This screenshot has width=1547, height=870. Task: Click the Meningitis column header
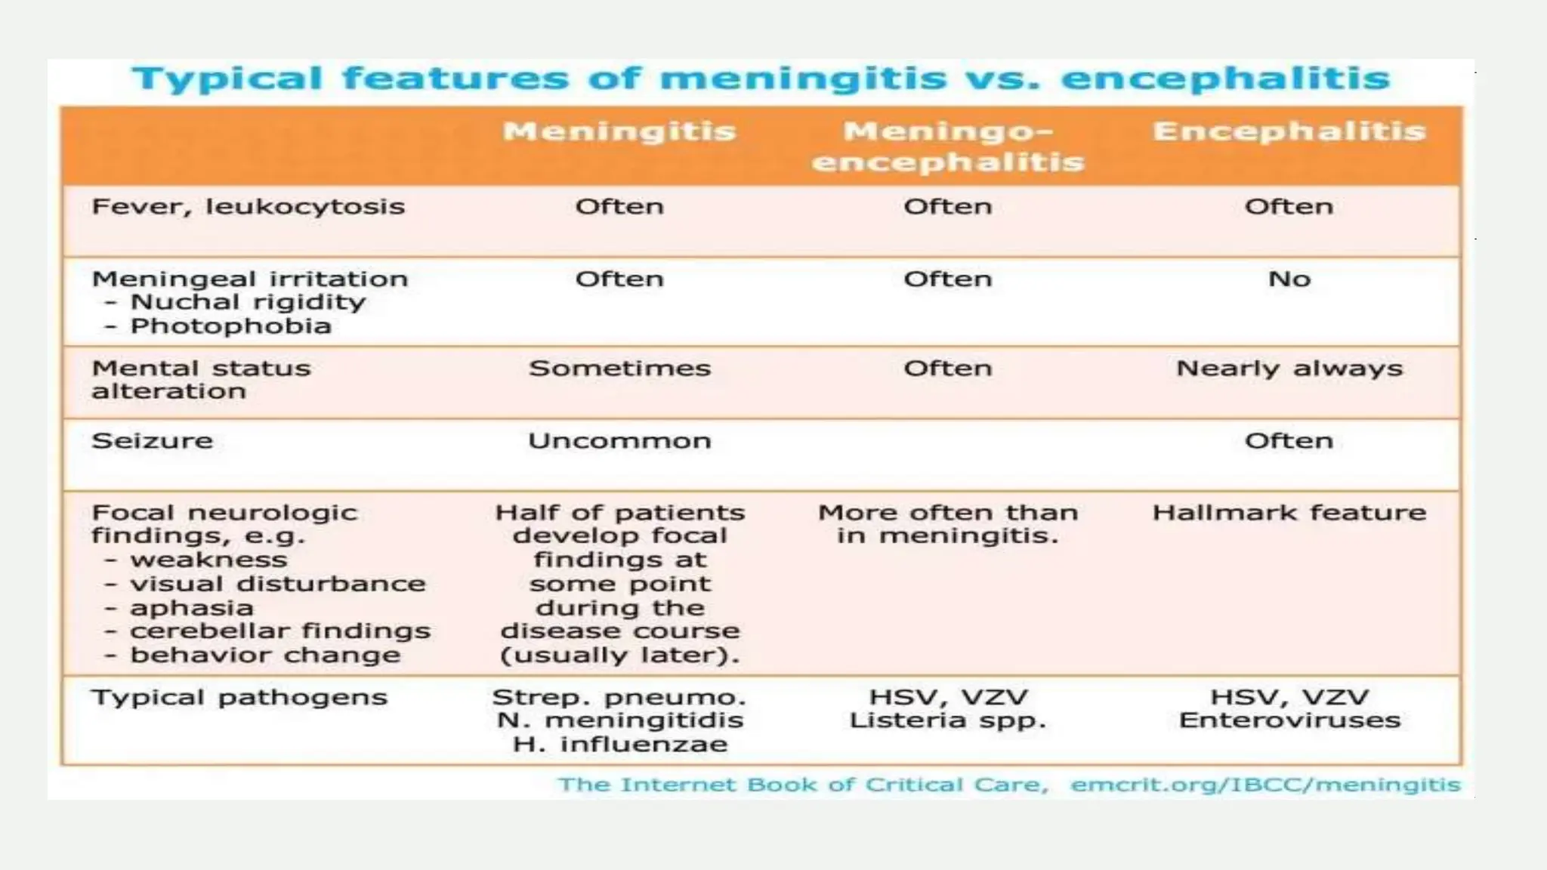click(x=619, y=131)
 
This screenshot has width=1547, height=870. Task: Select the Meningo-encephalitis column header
click(x=948, y=147)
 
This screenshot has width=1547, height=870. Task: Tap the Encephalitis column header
click(x=1289, y=131)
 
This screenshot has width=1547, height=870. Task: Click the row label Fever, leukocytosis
click(x=248, y=206)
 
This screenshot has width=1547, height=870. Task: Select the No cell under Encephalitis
click(x=1289, y=279)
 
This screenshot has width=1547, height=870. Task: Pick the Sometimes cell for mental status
click(x=619, y=369)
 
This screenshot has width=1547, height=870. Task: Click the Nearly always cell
click(x=1289, y=369)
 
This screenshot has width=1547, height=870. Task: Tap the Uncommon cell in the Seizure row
click(x=619, y=440)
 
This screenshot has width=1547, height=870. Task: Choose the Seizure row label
click(x=152, y=440)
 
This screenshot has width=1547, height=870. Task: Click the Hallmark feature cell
click(x=1289, y=513)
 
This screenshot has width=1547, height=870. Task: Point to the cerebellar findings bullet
click(x=279, y=631)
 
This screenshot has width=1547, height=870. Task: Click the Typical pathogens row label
click(x=239, y=697)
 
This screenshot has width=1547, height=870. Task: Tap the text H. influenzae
click(x=619, y=744)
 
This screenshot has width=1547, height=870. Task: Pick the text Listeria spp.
click(x=948, y=720)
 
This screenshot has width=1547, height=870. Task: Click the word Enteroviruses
click(x=1289, y=720)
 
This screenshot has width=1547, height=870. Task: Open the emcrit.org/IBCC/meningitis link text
click(x=1265, y=785)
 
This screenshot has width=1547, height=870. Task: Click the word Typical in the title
click(x=227, y=79)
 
